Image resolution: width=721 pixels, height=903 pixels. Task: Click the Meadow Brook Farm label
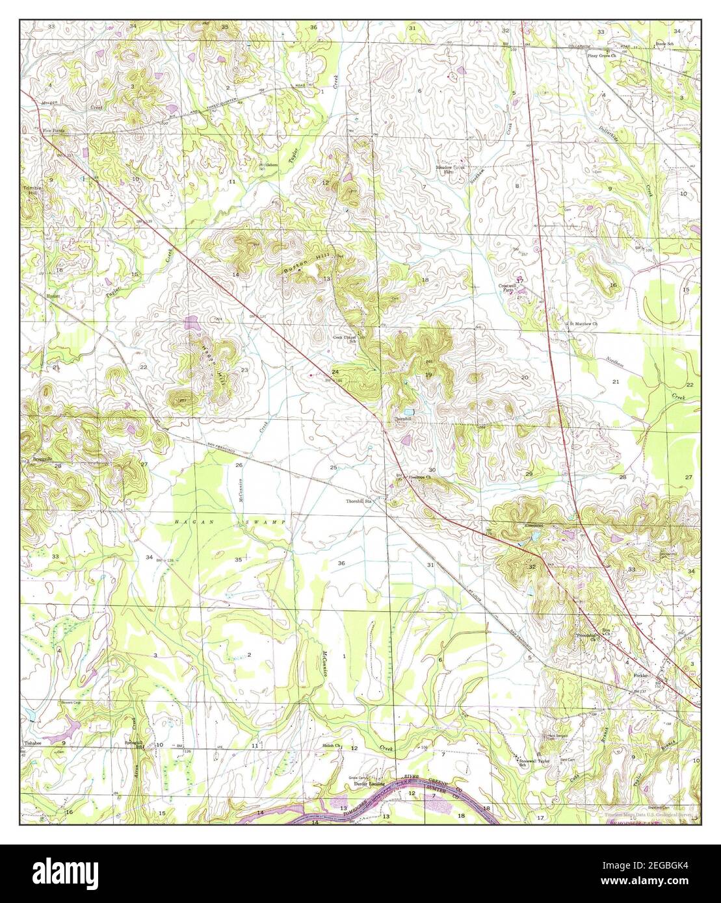[x=452, y=170]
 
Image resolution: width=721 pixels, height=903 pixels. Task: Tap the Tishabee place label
[x=33, y=742]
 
